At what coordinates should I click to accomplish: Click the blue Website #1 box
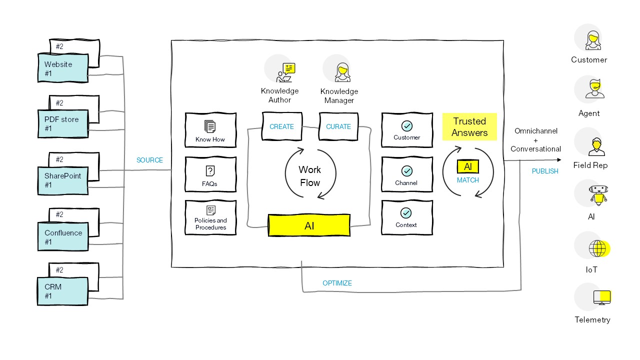pyautogui.click(x=63, y=68)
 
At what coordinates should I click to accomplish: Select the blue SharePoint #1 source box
pyautogui.click(x=63, y=180)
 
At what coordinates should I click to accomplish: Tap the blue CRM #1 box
pyautogui.click(x=63, y=291)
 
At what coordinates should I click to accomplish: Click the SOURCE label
pyautogui.click(x=149, y=160)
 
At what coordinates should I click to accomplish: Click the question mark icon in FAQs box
pyautogui.click(x=210, y=171)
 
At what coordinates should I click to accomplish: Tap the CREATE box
pyautogui.click(x=281, y=126)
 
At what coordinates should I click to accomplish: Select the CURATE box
pyautogui.click(x=338, y=126)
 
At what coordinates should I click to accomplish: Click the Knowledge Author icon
pyautogui.click(x=283, y=72)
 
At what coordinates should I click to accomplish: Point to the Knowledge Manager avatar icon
pyautogui.click(x=342, y=72)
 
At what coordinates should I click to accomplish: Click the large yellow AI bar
pyautogui.click(x=309, y=225)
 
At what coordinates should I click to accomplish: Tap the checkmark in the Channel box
pyautogui.click(x=406, y=171)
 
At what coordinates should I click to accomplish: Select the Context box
pyautogui.click(x=406, y=217)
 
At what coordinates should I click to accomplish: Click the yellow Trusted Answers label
pyautogui.click(x=469, y=127)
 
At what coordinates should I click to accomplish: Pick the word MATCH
pyautogui.click(x=468, y=180)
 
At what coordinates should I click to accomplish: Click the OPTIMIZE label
pyautogui.click(x=337, y=283)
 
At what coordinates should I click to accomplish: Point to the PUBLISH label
pyautogui.click(x=545, y=171)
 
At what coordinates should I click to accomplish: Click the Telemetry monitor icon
pyautogui.click(x=601, y=297)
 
